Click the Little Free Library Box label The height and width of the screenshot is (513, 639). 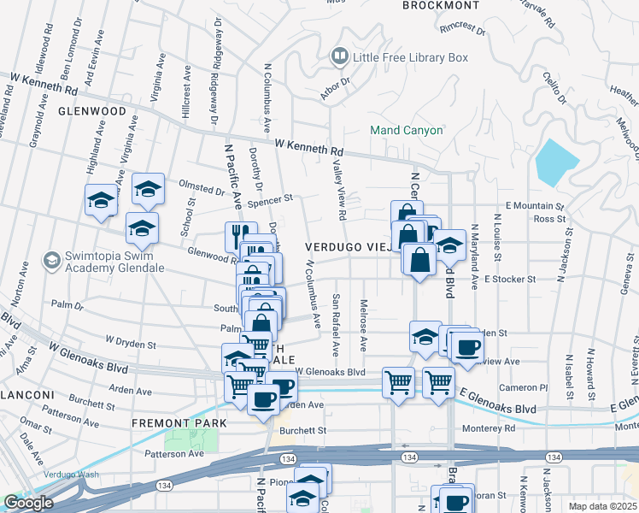click(x=411, y=57)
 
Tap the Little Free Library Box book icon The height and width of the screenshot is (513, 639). click(x=340, y=57)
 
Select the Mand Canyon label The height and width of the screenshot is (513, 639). click(x=406, y=130)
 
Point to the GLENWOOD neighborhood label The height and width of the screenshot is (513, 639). click(x=92, y=111)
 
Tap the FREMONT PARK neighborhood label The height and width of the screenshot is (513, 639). click(x=179, y=423)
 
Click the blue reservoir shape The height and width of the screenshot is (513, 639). click(x=557, y=160)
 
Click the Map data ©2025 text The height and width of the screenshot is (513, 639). click(x=602, y=506)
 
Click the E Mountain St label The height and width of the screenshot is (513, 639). click(x=536, y=206)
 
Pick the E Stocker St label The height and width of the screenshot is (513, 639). click(x=509, y=279)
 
